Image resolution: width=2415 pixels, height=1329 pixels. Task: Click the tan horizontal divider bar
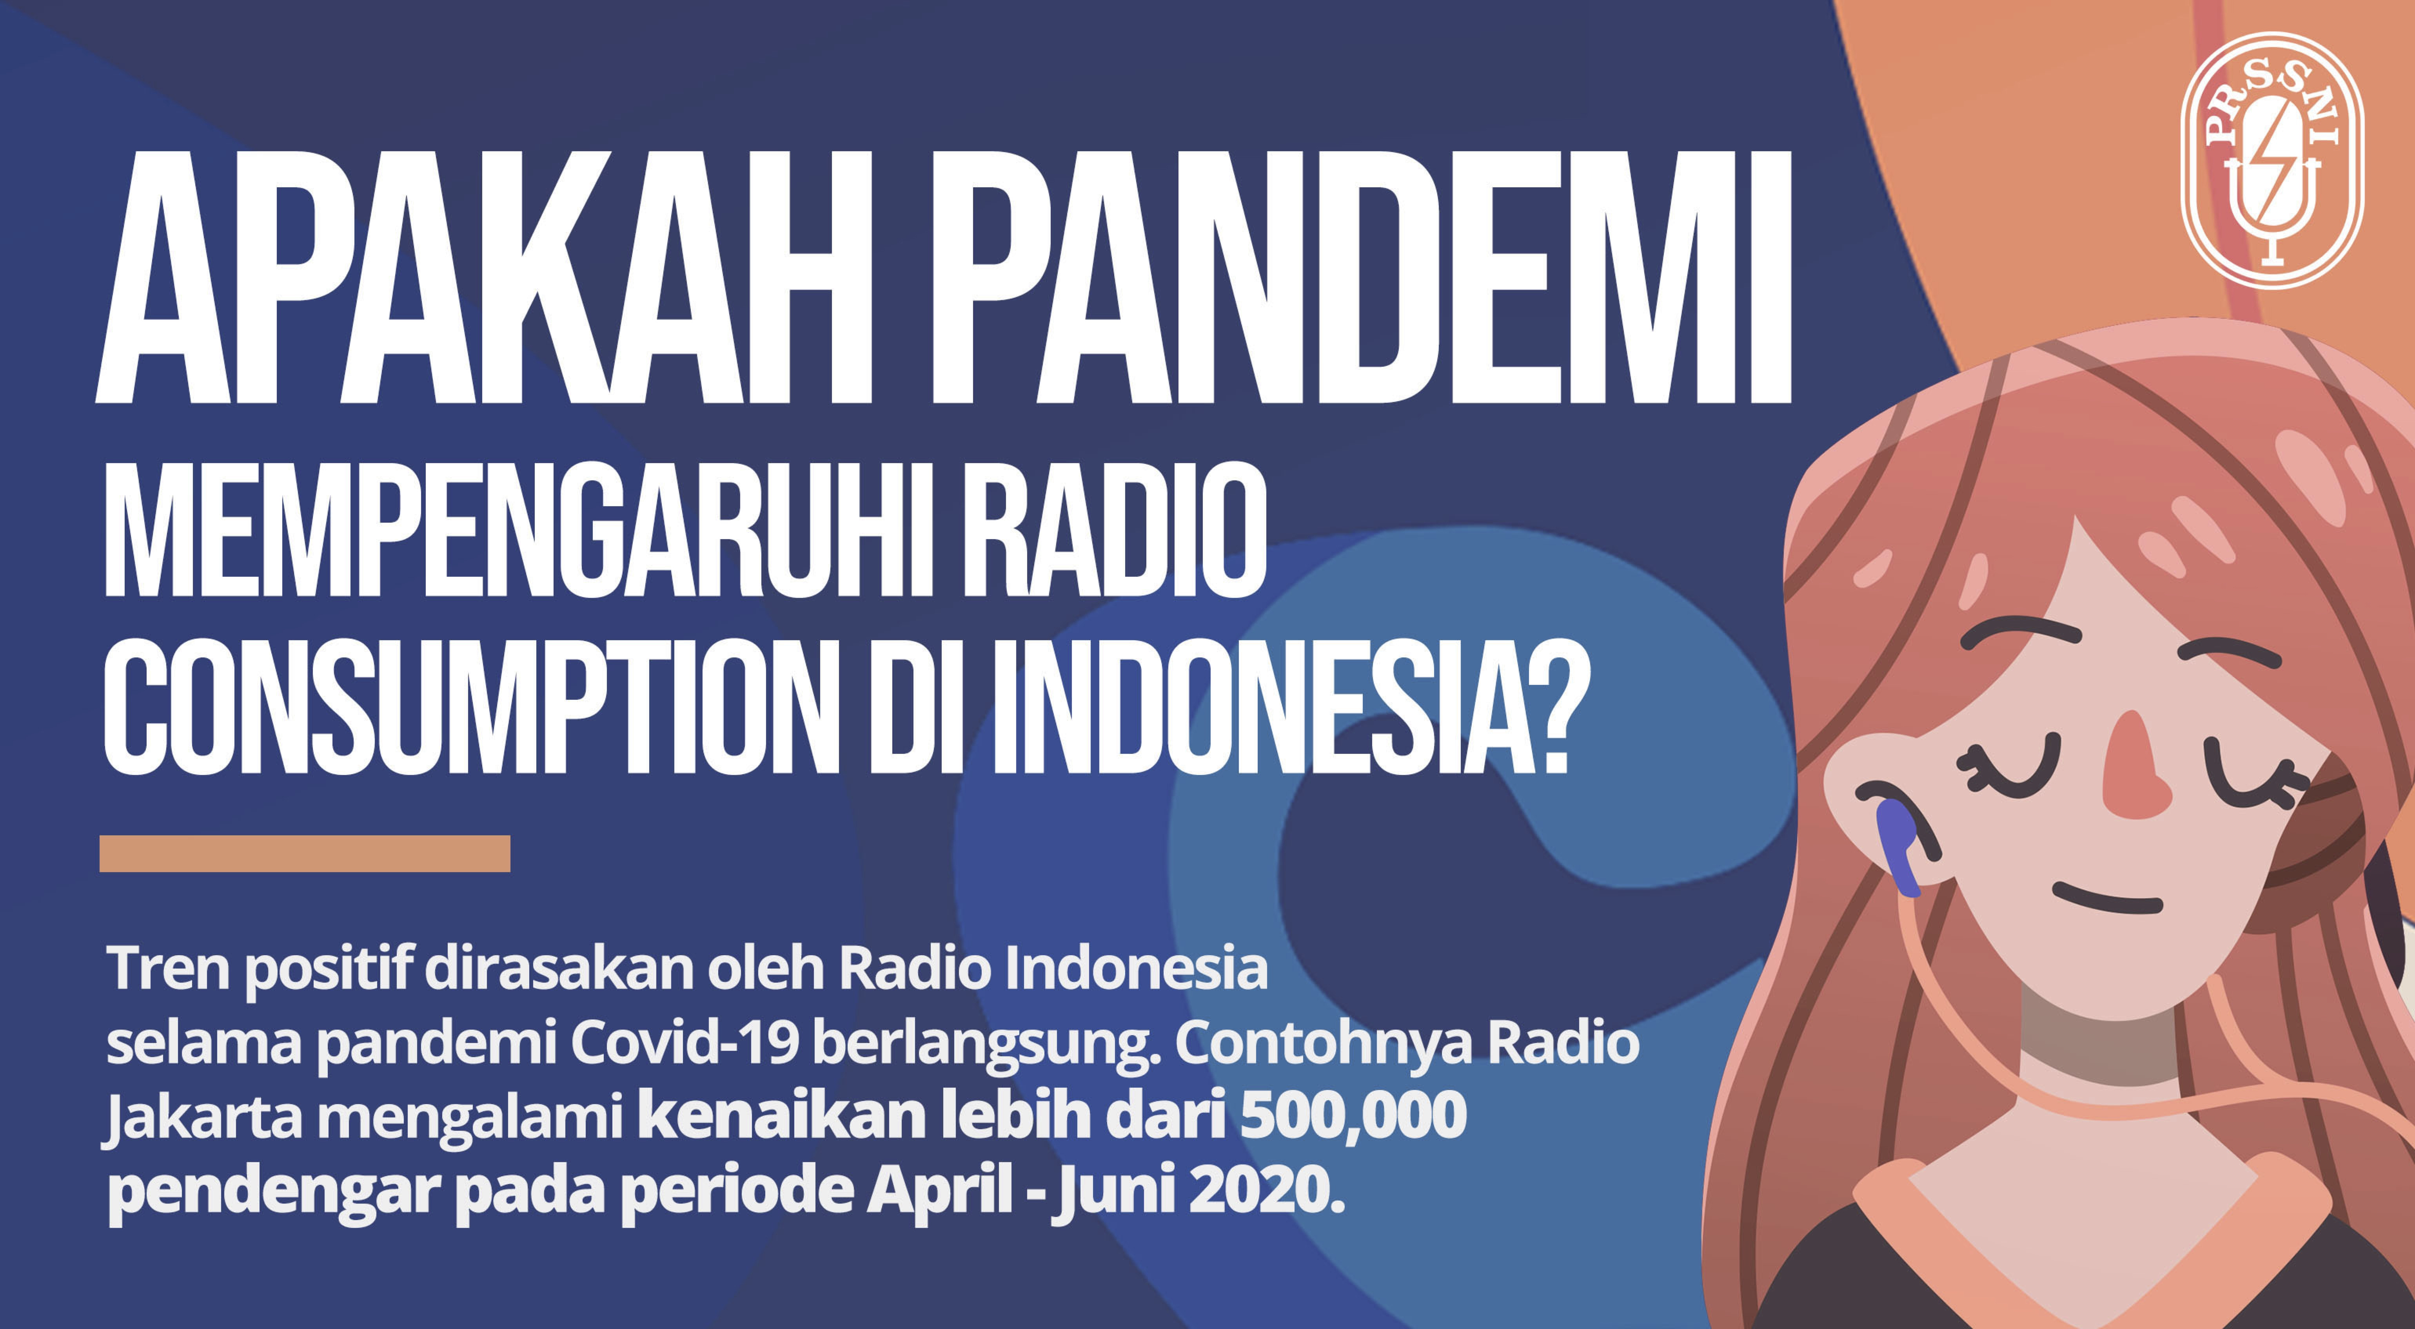(x=305, y=853)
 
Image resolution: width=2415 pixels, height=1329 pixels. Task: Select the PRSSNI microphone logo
(x=2273, y=159)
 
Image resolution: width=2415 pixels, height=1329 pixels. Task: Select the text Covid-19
(x=685, y=1043)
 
